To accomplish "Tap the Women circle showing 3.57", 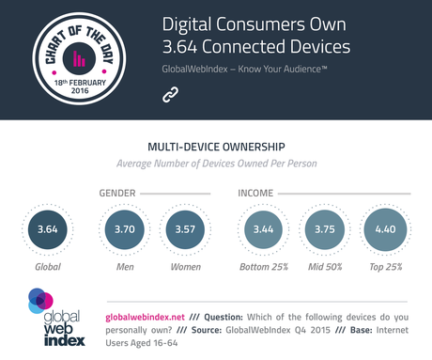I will pyautogui.click(x=184, y=229).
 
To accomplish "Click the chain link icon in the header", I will pyautogui.click(x=170, y=94).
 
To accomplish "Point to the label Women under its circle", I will pyautogui.click(x=184, y=268).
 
